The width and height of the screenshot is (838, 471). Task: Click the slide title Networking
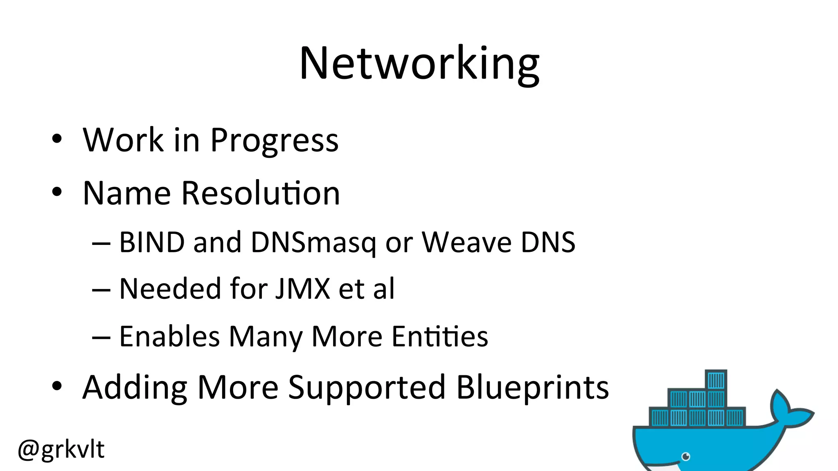[x=419, y=63]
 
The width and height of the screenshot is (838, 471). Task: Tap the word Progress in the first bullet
[x=274, y=140]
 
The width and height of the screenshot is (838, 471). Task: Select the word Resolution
[x=260, y=193]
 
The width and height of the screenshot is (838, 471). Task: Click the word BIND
[x=152, y=242]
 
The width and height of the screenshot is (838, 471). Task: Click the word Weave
[x=466, y=242]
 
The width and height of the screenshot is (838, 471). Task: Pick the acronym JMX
[x=302, y=289]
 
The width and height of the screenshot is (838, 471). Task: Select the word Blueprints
[x=532, y=387]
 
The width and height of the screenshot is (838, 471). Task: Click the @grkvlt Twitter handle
[x=61, y=449]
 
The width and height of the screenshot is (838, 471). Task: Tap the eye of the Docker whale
[x=686, y=456]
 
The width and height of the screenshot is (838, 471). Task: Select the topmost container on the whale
[x=716, y=380]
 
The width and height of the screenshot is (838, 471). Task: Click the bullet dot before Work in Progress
[x=57, y=139]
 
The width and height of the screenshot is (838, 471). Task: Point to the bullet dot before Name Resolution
[x=57, y=192]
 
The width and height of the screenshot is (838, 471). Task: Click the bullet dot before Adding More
[x=57, y=386]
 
